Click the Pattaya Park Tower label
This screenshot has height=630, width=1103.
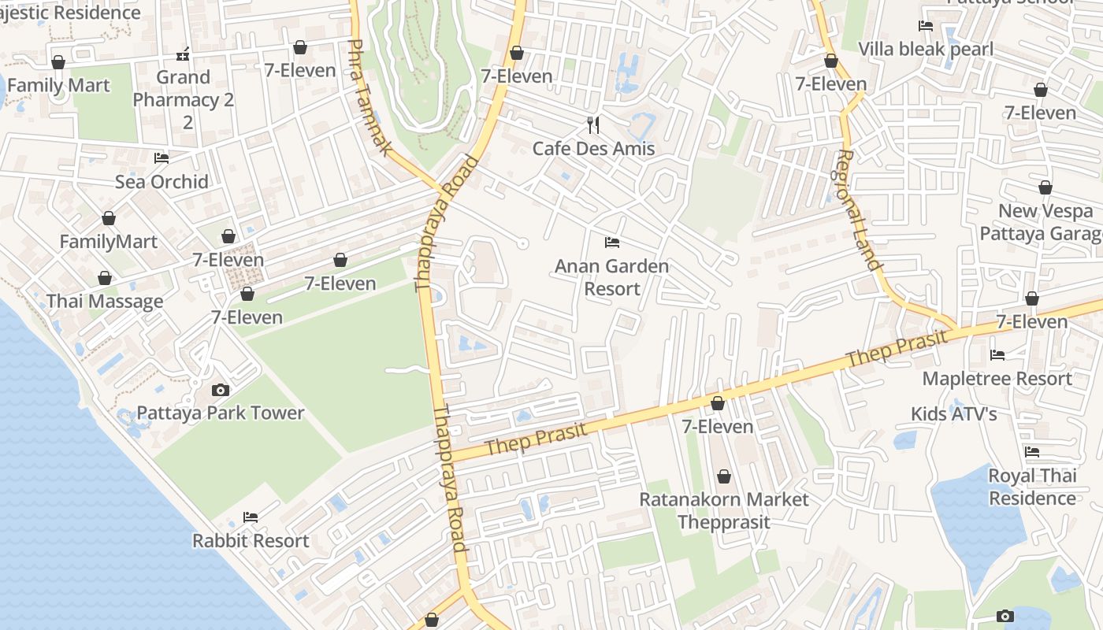(x=221, y=413)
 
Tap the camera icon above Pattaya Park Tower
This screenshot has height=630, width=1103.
(x=221, y=390)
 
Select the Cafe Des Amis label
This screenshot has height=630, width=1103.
(x=593, y=148)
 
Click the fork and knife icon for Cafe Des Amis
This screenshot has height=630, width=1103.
(x=593, y=124)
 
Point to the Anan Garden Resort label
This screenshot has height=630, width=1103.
(x=612, y=277)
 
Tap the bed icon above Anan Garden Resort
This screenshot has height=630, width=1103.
(x=612, y=242)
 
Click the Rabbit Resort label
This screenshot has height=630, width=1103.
(x=251, y=540)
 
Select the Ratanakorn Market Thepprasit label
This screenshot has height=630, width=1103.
(x=723, y=510)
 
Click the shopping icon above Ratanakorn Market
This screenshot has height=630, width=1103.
(x=724, y=476)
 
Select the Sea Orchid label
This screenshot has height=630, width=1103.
(x=162, y=181)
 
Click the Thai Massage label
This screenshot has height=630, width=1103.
(x=105, y=301)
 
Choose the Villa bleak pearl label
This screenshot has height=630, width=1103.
(x=926, y=49)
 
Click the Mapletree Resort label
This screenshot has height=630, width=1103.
(x=997, y=378)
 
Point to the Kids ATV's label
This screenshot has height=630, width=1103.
(x=953, y=413)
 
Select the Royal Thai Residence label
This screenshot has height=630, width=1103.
(x=1032, y=487)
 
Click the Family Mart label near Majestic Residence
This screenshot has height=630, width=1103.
(x=58, y=85)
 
